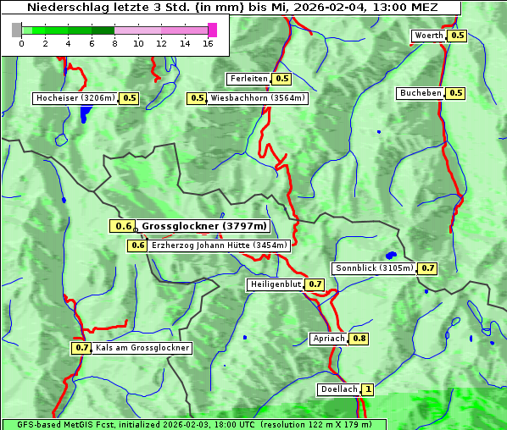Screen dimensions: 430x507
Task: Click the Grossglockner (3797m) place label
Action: tap(204, 226)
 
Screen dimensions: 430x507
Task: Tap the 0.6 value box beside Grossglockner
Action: tap(123, 226)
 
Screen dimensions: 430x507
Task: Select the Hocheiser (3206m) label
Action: tap(75, 98)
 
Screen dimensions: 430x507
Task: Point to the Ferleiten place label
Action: tap(248, 79)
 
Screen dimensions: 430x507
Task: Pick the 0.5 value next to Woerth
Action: tap(457, 36)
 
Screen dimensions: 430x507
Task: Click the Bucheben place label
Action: tap(420, 93)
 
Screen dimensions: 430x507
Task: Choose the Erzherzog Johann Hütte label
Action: tap(220, 245)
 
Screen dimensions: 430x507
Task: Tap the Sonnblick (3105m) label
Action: tap(374, 268)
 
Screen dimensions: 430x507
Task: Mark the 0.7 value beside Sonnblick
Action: tap(427, 268)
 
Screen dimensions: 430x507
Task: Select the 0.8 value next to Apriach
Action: tap(359, 339)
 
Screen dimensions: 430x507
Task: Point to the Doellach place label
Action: tap(338, 390)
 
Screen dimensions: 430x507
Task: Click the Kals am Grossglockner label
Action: tap(142, 348)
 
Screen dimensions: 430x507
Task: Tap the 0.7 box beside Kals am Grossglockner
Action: tap(81, 348)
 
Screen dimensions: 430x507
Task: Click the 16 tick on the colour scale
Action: tap(208, 43)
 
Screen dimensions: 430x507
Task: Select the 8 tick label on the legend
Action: tap(114, 43)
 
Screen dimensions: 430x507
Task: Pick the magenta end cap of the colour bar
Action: tap(212, 30)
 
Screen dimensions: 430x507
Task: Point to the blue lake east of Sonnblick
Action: tap(391, 255)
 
